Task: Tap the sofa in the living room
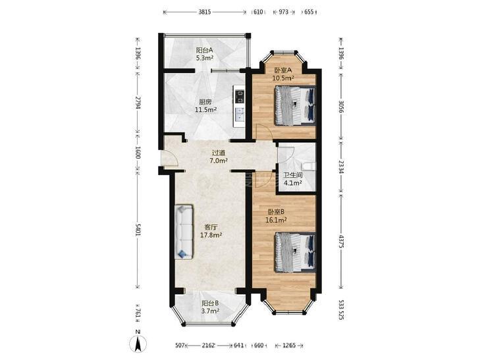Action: click(184, 232)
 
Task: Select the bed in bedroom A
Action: click(296, 105)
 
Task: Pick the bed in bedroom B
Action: click(296, 252)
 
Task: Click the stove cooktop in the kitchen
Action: click(239, 97)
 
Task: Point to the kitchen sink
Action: click(239, 115)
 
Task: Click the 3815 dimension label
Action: click(205, 13)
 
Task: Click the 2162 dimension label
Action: click(209, 346)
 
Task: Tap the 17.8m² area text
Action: click(211, 235)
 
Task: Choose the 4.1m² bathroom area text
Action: click(292, 183)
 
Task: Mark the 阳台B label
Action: click(210, 303)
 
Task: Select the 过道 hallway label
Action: click(218, 152)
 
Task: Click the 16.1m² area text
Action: click(276, 219)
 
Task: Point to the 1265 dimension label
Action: click(288, 346)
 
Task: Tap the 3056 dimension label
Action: click(341, 105)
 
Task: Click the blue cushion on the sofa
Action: click(183, 253)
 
